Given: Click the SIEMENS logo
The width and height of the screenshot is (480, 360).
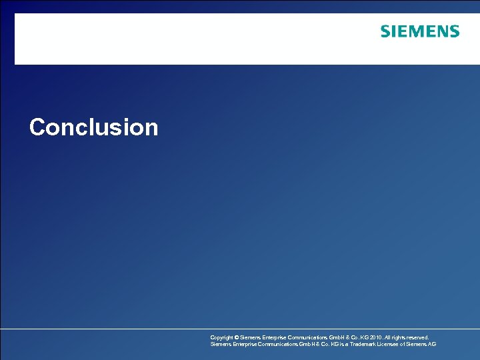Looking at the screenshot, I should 420,31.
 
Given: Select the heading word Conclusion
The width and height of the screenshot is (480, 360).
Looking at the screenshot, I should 94,127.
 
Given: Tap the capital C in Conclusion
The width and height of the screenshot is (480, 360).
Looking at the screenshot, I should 37,127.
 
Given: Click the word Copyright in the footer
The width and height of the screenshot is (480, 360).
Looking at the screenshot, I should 223,338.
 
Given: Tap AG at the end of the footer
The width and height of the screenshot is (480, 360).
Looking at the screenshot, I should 432,345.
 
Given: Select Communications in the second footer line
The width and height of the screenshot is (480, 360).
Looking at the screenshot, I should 275,345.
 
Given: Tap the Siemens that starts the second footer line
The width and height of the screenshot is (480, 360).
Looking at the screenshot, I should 220,345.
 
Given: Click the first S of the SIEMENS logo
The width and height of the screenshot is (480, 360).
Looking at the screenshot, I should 385,31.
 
